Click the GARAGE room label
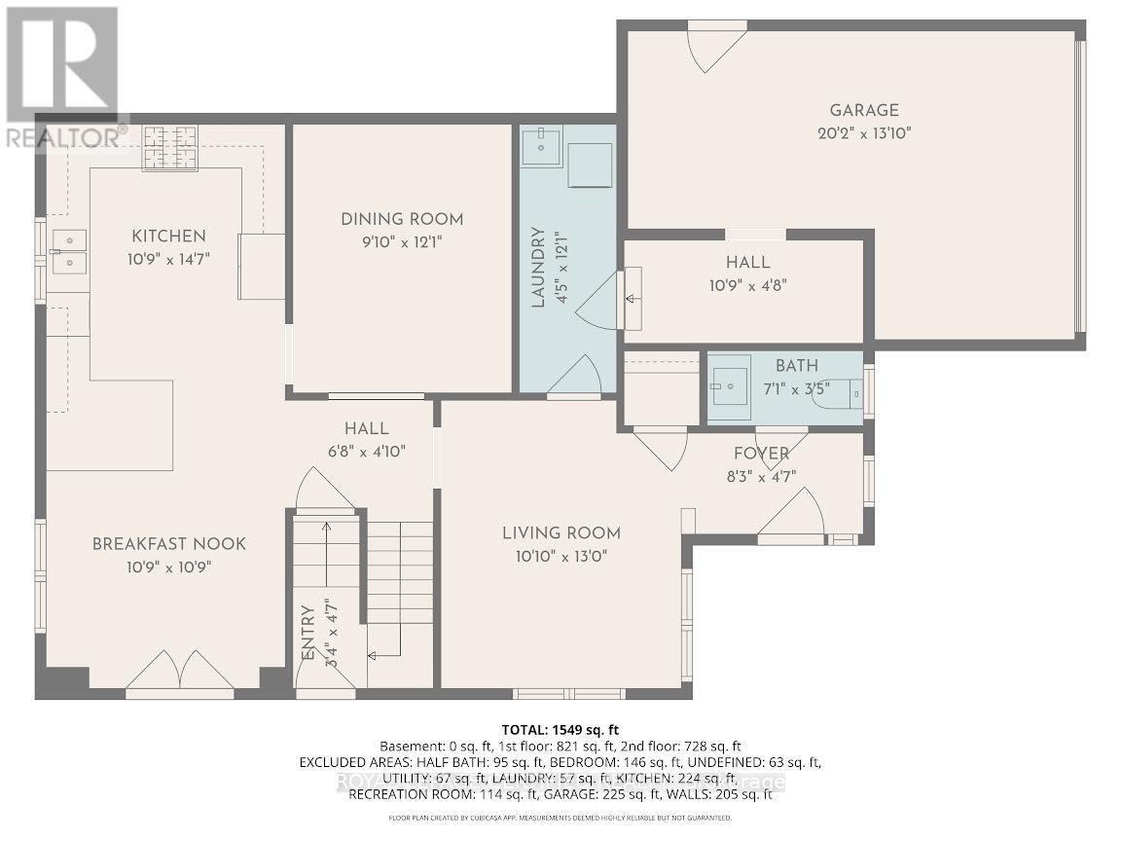pyautogui.click(x=863, y=111)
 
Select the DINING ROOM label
pyautogui.click(x=402, y=219)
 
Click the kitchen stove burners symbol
pyautogui.click(x=170, y=148)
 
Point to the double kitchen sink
pyautogui.click(x=69, y=250)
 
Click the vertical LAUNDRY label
pyautogui.click(x=536, y=267)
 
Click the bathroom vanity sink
pyautogui.click(x=728, y=387)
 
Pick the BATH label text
pyautogui.click(x=796, y=366)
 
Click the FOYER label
pyautogui.click(x=761, y=454)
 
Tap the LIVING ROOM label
pyautogui.click(x=561, y=532)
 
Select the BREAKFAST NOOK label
pyautogui.click(x=169, y=544)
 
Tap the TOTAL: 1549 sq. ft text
pyautogui.click(x=560, y=729)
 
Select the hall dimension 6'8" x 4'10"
pyautogui.click(x=367, y=451)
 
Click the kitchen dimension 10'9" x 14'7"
pyautogui.click(x=169, y=259)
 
